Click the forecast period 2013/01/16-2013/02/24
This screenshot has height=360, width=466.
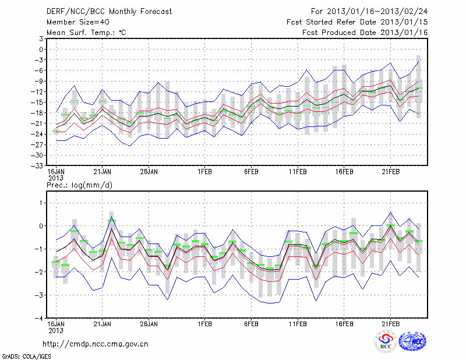point(369,11)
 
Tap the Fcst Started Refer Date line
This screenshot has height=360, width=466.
point(357,22)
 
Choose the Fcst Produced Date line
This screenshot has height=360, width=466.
point(365,32)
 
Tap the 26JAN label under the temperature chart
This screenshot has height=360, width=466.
point(149,172)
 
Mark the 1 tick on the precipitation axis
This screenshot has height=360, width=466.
point(41,202)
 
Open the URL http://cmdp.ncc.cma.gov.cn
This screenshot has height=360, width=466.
point(96,344)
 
